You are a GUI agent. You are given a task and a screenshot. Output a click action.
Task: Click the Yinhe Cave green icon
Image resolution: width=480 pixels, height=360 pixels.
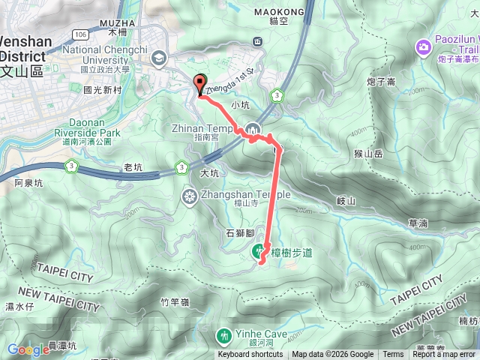click(x=223, y=335)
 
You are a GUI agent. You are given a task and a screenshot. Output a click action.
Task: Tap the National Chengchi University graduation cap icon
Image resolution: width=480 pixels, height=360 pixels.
click(x=159, y=57)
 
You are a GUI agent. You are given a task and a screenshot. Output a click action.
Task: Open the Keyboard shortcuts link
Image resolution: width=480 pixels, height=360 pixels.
click(x=251, y=355)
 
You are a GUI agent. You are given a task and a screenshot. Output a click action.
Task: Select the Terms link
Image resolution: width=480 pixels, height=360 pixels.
click(x=392, y=355)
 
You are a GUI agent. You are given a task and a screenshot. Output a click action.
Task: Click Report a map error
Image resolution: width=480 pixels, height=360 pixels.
click(x=443, y=355)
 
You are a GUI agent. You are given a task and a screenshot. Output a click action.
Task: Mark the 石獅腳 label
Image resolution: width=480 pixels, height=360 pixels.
click(x=239, y=233)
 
